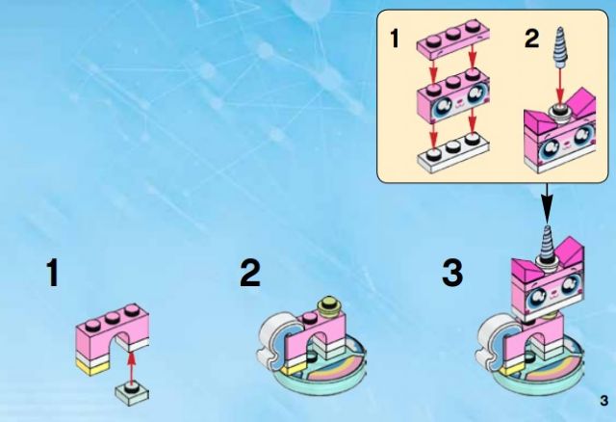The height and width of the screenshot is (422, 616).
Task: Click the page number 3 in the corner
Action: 603,401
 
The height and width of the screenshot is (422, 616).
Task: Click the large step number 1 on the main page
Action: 53,273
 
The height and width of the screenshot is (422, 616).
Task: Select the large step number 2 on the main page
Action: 250,273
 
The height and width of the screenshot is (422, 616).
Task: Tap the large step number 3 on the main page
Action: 452,273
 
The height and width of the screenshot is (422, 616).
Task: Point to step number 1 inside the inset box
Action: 394,39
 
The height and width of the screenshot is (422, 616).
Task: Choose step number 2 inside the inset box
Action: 532,39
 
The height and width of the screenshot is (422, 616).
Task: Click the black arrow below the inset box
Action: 547,203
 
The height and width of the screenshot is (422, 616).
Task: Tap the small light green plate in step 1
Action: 133,391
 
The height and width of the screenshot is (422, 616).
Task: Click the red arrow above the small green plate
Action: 133,367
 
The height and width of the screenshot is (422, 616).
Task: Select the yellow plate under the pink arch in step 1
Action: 92,367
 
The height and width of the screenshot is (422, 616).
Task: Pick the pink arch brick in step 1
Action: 112,331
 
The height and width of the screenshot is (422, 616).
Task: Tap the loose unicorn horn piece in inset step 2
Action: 560,47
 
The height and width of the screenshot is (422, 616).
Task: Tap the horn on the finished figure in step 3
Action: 546,244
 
